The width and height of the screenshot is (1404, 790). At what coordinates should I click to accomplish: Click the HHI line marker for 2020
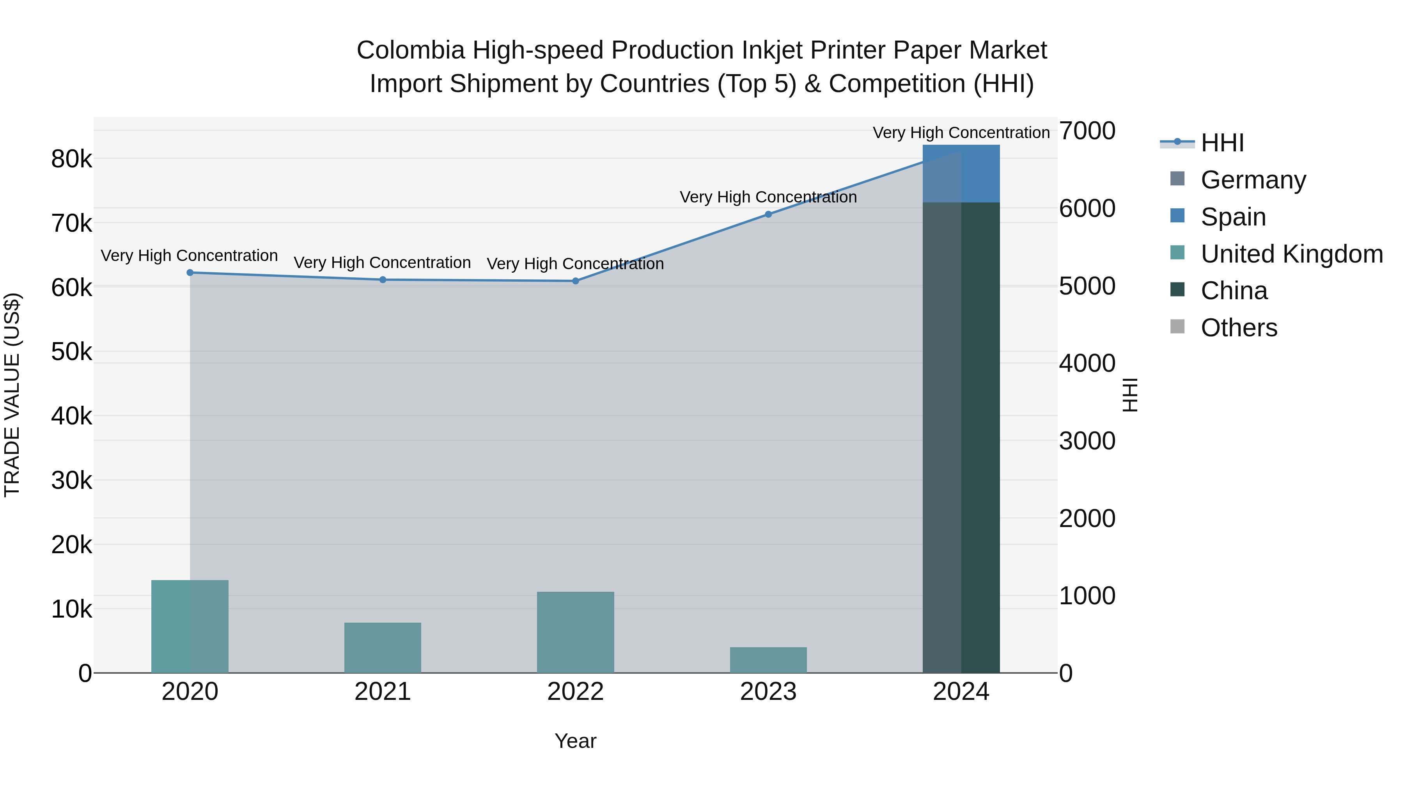pyautogui.click(x=190, y=273)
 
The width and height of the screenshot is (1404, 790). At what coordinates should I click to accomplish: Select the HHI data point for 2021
pyautogui.click(x=383, y=280)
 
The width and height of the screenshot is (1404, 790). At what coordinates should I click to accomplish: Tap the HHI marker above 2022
pyautogui.click(x=576, y=281)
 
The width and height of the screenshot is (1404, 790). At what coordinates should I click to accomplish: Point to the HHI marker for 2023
pyautogui.click(x=768, y=214)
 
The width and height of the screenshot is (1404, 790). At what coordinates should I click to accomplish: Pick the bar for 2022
pyautogui.click(x=576, y=632)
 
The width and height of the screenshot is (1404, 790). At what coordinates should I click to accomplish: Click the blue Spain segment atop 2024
pyautogui.click(x=961, y=173)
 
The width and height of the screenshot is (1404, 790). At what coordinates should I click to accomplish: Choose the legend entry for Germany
pyautogui.click(x=1253, y=180)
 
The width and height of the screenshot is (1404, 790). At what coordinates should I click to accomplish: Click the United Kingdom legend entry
pyautogui.click(x=1291, y=254)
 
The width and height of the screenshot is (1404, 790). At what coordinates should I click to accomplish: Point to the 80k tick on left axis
pyautogui.click(x=71, y=159)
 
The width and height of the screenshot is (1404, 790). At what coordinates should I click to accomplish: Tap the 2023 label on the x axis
pyautogui.click(x=768, y=692)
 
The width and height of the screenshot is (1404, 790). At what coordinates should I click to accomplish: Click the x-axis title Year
pyautogui.click(x=576, y=741)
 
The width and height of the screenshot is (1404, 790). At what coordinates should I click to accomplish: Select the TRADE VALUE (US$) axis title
pyautogui.click(x=12, y=395)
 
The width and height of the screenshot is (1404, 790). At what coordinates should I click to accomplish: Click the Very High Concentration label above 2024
pyautogui.click(x=961, y=133)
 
